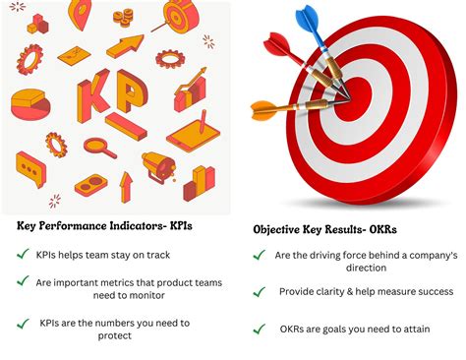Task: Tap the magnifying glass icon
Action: (x=99, y=149)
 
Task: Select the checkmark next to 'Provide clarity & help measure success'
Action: (x=260, y=292)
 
